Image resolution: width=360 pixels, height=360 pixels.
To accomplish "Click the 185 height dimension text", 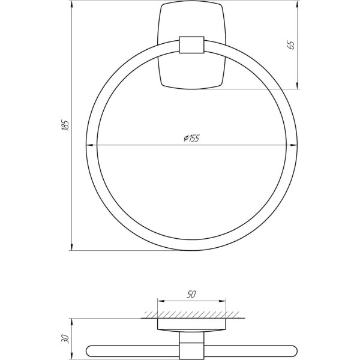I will (x=65, y=125).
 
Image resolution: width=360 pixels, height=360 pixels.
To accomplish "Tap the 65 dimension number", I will (x=292, y=45).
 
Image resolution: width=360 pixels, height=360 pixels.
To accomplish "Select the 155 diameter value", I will (x=194, y=138).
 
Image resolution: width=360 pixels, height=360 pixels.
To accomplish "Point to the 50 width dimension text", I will (x=191, y=295).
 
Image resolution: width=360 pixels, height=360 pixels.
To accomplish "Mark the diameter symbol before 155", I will (x=186, y=138).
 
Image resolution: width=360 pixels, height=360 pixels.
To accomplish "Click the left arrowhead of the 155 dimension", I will (x=90, y=145).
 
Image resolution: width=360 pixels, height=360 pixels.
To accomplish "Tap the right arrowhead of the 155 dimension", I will (x=294, y=145).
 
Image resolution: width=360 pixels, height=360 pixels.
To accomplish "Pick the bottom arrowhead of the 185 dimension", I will (x=72, y=247).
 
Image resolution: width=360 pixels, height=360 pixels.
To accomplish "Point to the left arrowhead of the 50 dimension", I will (x=160, y=301).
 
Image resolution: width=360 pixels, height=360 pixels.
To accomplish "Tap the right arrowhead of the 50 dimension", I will (x=223, y=301).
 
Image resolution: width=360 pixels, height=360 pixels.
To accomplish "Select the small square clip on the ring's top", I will (x=191, y=46).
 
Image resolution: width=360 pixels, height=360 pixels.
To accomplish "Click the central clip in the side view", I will (x=191, y=349).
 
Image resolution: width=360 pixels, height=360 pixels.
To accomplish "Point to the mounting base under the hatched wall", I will (x=191, y=325).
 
